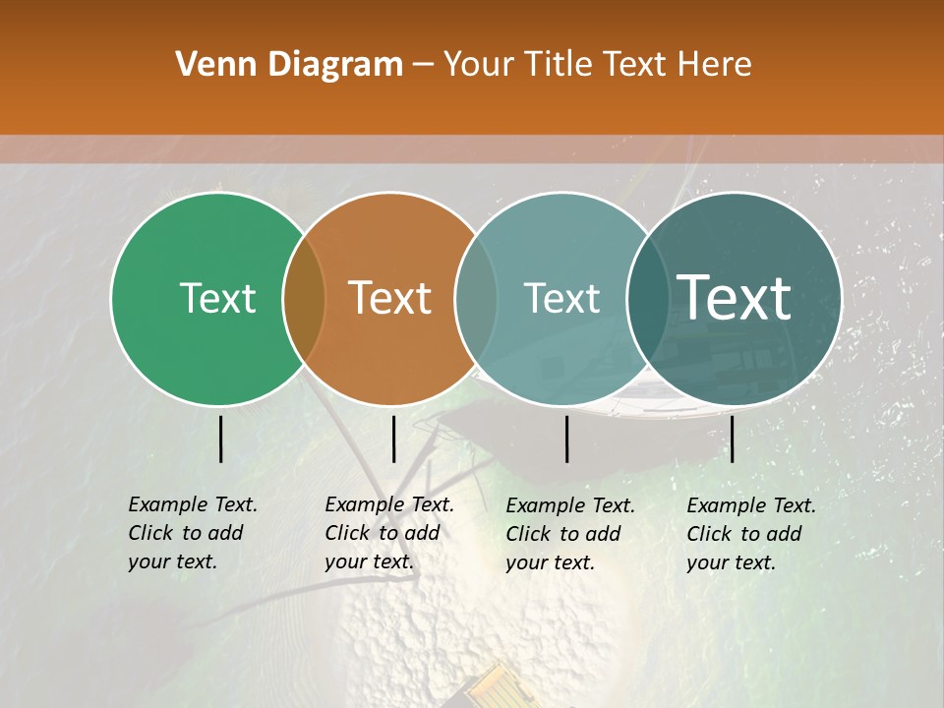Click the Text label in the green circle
point(217,298)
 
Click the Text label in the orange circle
point(389,298)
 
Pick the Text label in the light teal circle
point(561,298)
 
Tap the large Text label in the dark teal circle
point(735,298)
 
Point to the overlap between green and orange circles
point(304,298)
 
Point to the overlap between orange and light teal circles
point(476,298)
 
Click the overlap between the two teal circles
point(647,298)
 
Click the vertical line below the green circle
point(221,439)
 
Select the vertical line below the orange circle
point(393,439)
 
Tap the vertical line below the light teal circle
point(567,439)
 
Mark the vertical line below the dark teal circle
point(733,439)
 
